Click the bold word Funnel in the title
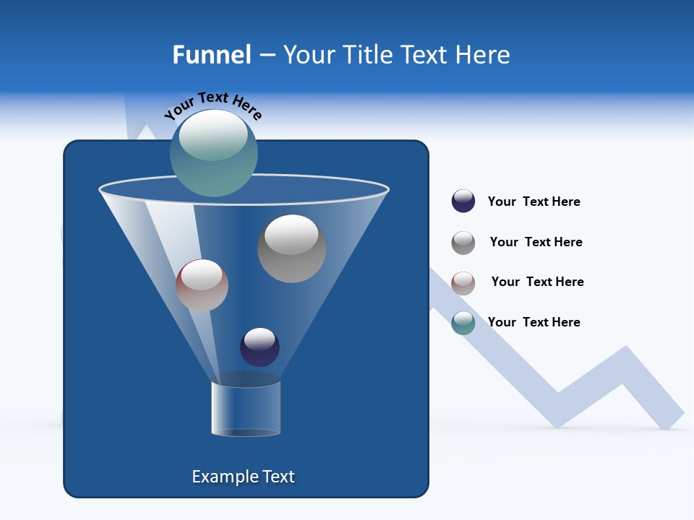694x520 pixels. (x=212, y=55)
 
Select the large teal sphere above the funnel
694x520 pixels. (x=213, y=155)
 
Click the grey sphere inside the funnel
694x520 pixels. (x=291, y=248)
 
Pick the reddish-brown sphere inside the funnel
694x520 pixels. (x=202, y=285)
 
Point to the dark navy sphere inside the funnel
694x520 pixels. (x=260, y=347)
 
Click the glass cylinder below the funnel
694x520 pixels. (x=245, y=408)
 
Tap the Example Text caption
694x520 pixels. (x=243, y=477)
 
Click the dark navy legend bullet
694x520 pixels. (x=463, y=201)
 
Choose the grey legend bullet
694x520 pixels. (x=463, y=242)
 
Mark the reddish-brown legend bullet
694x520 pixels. (x=463, y=282)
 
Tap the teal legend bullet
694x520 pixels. (x=463, y=323)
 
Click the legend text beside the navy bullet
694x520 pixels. (x=534, y=202)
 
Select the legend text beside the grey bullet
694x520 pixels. (x=536, y=243)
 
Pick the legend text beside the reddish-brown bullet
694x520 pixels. (x=537, y=282)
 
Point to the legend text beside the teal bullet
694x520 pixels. (x=534, y=322)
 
